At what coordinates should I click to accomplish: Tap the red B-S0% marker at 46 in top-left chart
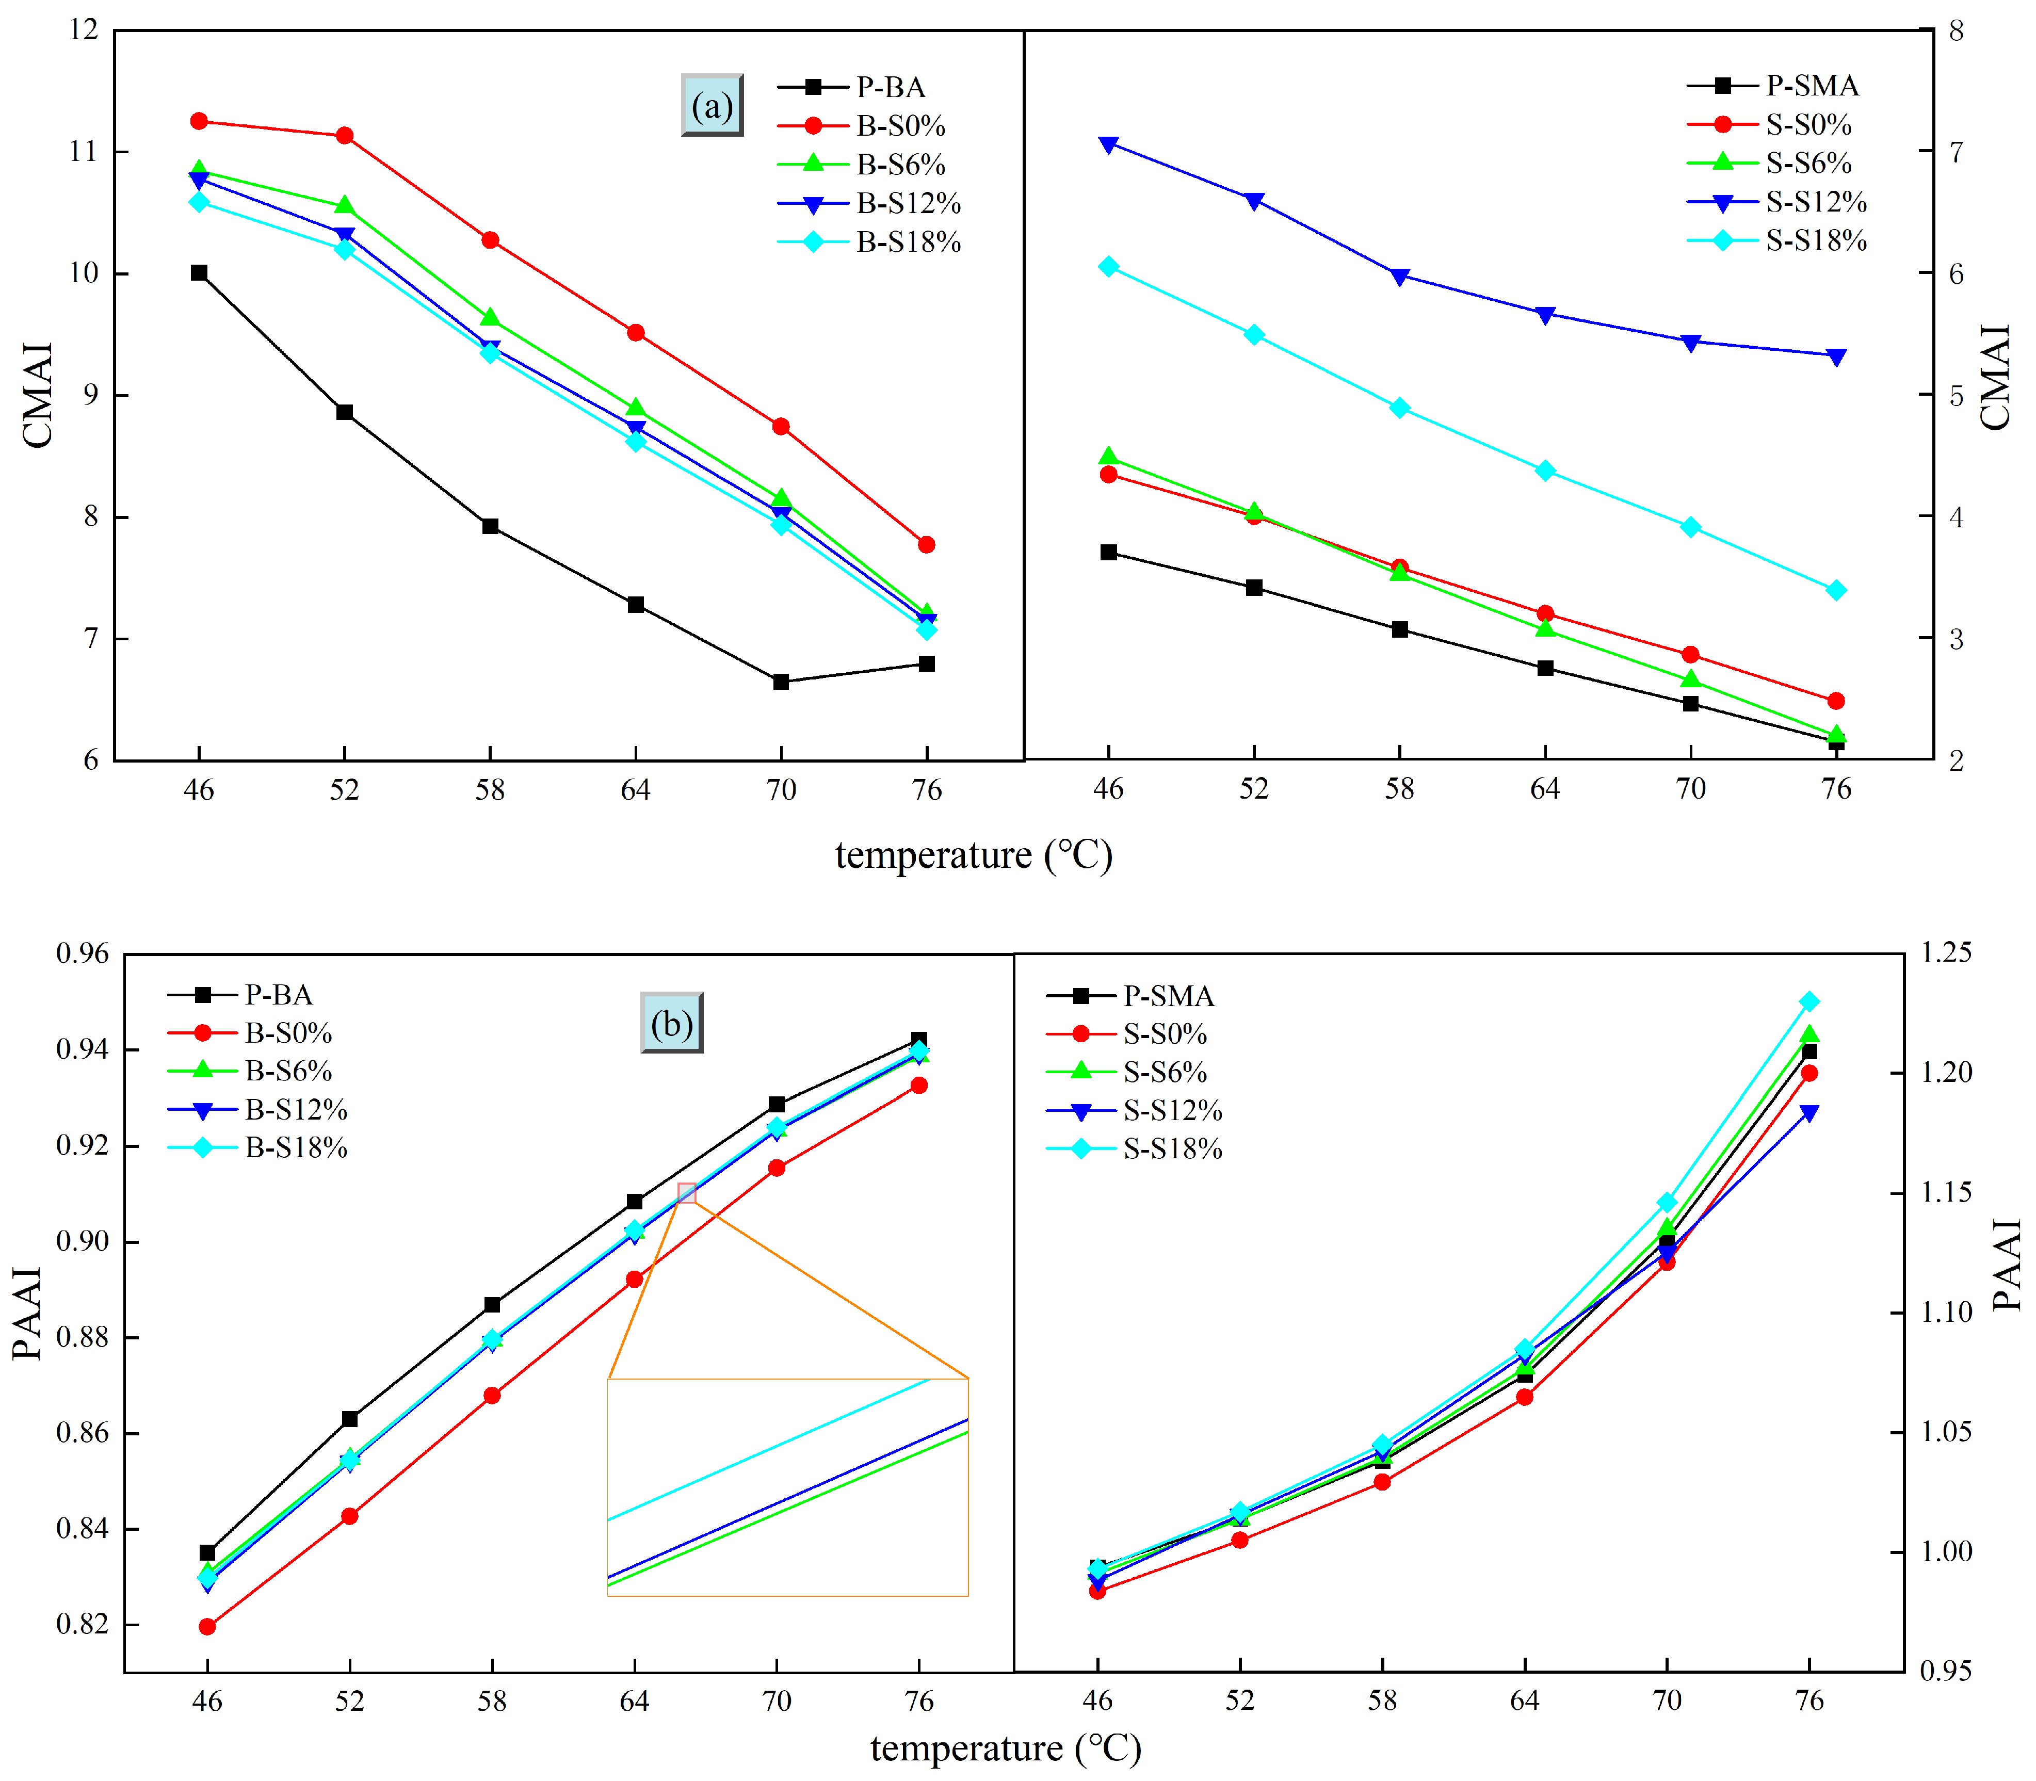click(x=199, y=121)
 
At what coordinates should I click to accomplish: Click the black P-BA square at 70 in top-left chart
click(x=781, y=682)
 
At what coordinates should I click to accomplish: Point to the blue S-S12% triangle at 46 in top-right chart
click(x=1109, y=144)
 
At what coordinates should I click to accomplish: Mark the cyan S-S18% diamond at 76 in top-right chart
click(x=1836, y=590)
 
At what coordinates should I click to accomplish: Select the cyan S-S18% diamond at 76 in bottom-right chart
click(x=1809, y=1002)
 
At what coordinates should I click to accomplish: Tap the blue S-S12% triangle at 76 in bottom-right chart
click(x=1809, y=1113)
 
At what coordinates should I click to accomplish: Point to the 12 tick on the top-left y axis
click(x=86, y=30)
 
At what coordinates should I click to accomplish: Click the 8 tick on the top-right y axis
click(x=1956, y=30)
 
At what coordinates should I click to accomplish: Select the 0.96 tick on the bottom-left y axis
click(x=83, y=954)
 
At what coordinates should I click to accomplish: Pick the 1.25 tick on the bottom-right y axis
click(x=1946, y=952)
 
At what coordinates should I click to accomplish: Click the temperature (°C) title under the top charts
click(x=974, y=855)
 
